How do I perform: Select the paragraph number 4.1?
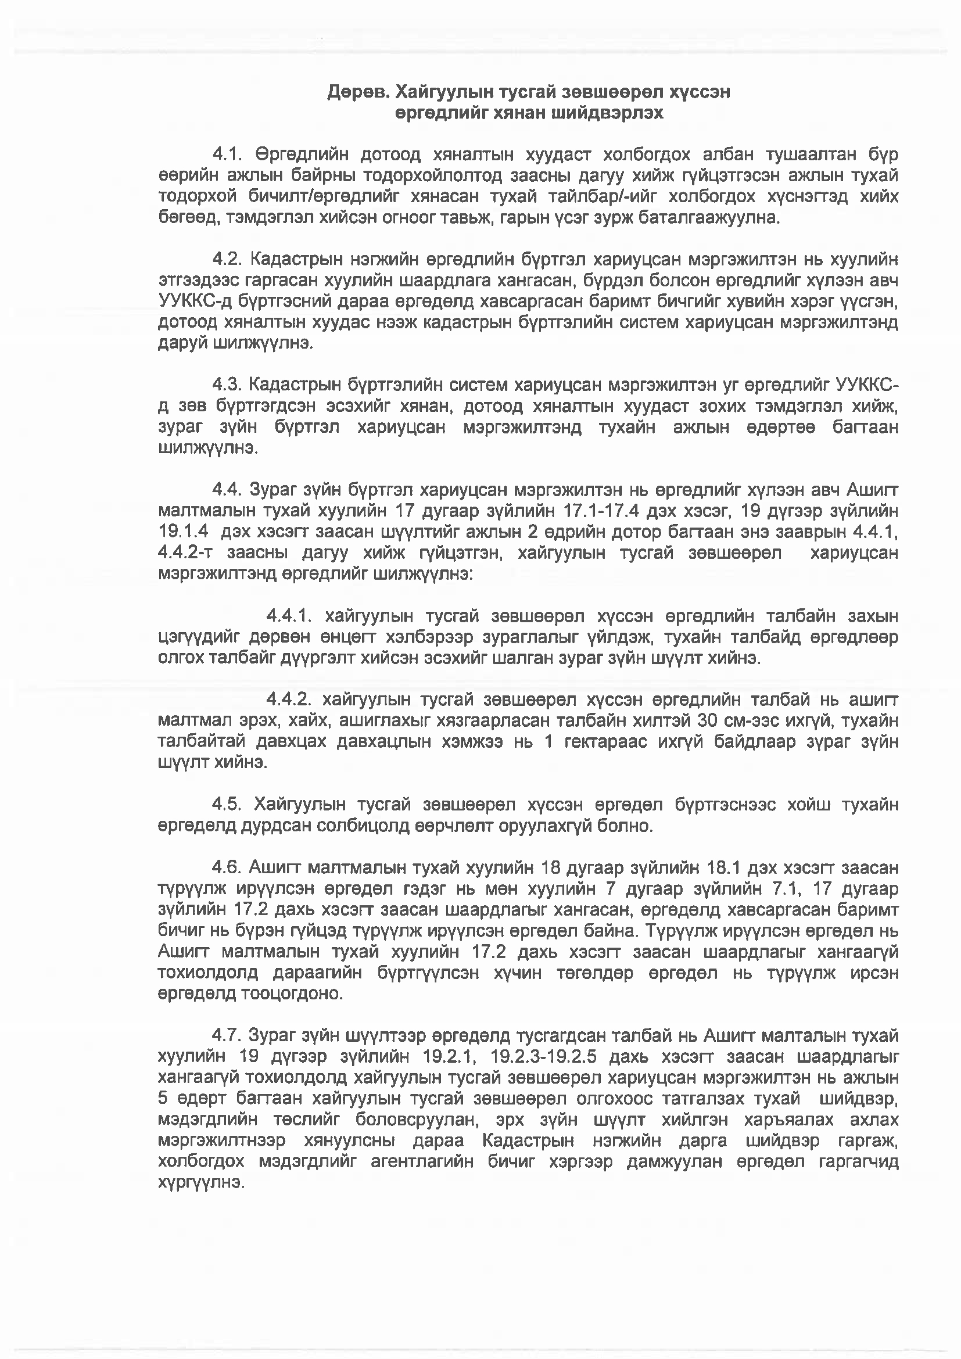coord(227,155)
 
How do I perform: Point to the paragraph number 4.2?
coord(227,259)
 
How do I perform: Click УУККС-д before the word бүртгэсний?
coord(194,301)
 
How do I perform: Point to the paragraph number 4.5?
coord(227,805)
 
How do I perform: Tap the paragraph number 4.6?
coord(227,868)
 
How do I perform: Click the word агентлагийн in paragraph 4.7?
coord(422,1162)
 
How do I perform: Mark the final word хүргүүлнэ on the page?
coord(201,1183)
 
